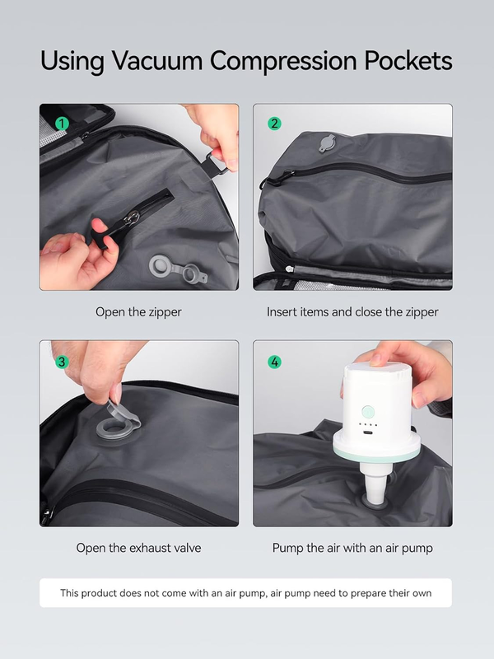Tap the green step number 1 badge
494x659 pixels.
click(x=60, y=124)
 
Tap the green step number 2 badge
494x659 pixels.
click(x=274, y=124)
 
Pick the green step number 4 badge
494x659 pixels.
click(x=274, y=362)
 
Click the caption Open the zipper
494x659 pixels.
click(x=138, y=312)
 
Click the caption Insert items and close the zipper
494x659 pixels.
click(x=352, y=312)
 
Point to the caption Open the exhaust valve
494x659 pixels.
click(x=138, y=548)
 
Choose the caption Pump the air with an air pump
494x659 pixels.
click(x=352, y=548)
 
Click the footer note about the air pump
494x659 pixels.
click(x=245, y=593)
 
